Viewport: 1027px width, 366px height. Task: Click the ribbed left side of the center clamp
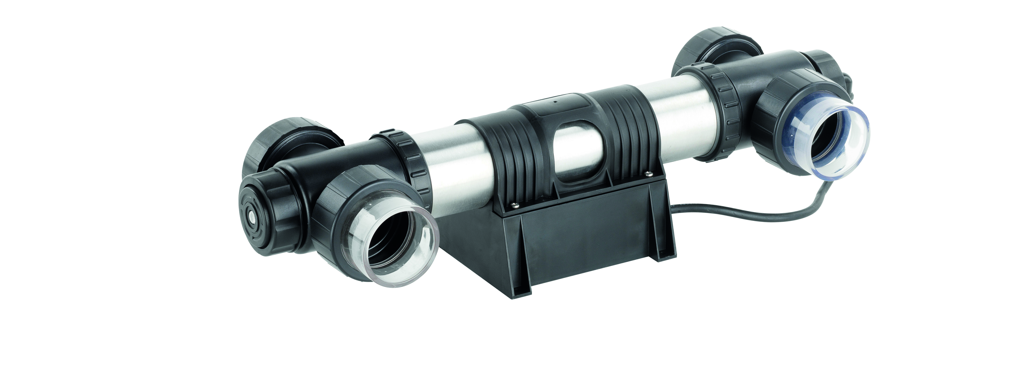point(510,156)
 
